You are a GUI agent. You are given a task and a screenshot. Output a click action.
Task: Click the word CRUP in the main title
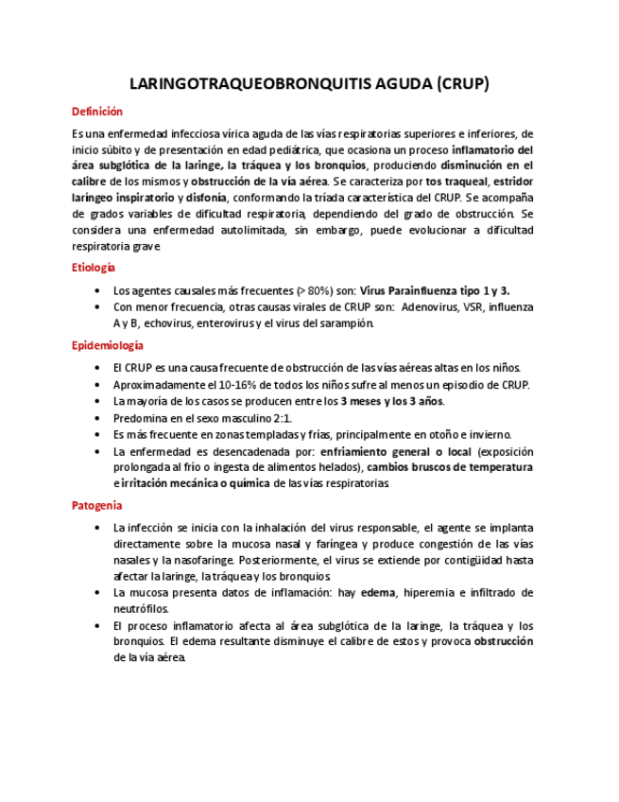pos(461,83)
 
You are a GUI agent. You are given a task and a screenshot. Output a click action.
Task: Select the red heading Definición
pos(97,112)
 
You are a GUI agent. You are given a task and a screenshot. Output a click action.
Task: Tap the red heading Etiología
pos(94,268)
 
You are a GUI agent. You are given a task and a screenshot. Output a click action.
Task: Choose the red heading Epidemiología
pos(108,346)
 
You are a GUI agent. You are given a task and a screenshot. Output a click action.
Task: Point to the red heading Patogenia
pos(96,505)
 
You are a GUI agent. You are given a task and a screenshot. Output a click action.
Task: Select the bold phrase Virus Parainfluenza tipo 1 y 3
pos(436,290)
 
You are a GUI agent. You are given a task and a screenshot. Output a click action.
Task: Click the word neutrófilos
pos(141,609)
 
